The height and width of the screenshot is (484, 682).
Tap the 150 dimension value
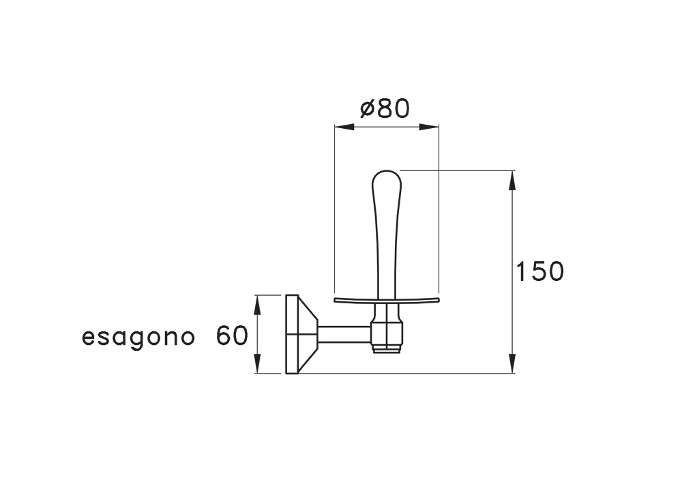tap(539, 271)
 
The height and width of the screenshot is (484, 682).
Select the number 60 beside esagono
tap(232, 335)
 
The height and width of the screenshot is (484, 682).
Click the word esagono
tap(138, 338)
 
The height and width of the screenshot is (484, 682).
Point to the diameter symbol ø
tap(368, 109)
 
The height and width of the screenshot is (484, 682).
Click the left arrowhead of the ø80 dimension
tap(344, 127)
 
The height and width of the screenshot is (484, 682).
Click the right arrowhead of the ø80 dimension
tap(429, 127)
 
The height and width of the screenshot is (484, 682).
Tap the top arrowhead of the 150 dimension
tap(513, 180)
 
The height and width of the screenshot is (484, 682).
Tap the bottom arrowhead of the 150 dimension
tap(513, 363)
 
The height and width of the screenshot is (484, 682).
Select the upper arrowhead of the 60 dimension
tap(257, 305)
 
